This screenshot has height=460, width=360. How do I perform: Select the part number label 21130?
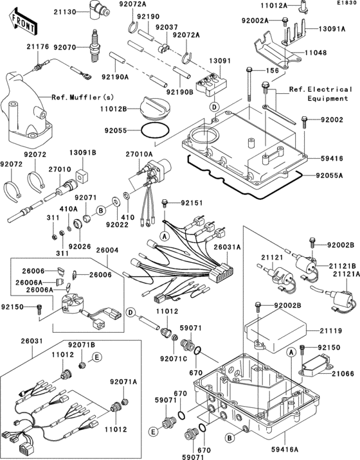[x=65, y=12]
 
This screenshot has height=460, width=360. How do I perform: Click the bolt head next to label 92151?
[x=165, y=203]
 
